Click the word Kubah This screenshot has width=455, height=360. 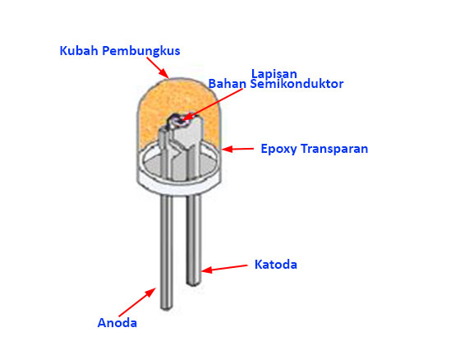point(79,50)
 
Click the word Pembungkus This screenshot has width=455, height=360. point(141,51)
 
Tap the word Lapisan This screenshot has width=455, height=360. point(274,74)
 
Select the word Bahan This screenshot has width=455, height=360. point(227,84)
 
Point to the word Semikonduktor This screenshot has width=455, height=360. point(296,84)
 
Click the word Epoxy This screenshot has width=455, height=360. point(278,149)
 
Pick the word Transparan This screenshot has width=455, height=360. point(334,149)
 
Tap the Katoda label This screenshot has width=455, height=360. point(276,265)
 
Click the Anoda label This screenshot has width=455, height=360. point(117,322)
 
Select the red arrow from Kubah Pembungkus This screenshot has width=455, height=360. point(158,67)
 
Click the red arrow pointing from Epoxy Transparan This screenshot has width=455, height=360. point(237,149)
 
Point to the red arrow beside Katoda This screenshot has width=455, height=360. point(224,268)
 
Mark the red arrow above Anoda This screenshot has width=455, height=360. point(137,302)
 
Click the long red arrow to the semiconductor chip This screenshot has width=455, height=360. point(213,104)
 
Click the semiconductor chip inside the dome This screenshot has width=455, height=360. point(178,120)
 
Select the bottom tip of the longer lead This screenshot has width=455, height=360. point(167,309)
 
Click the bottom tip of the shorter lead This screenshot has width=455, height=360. point(194,284)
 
